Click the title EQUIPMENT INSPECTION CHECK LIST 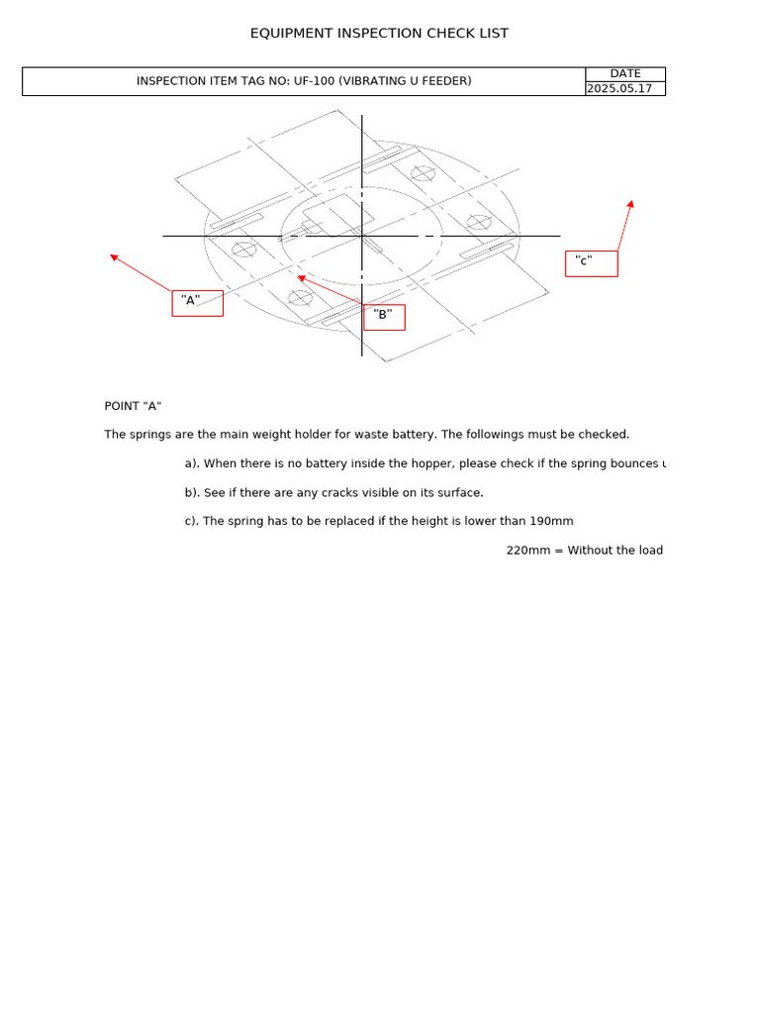(379, 34)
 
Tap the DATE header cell (624, 74)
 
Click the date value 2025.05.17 (619, 88)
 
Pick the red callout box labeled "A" (197, 303)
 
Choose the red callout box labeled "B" (384, 317)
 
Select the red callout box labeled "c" (591, 263)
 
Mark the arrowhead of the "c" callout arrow (630, 204)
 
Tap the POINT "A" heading (133, 406)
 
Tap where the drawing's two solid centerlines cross (362, 236)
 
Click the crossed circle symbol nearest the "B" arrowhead (301, 297)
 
